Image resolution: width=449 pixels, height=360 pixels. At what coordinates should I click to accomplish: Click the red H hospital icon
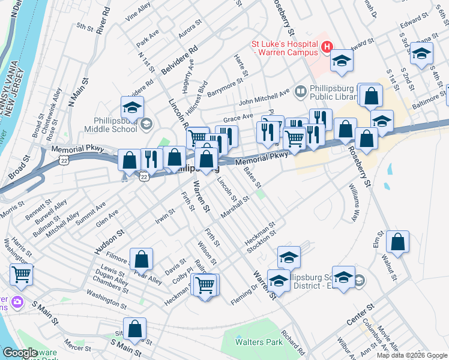pos(327,46)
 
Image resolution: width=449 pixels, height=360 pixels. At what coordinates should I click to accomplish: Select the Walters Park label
pos(259,342)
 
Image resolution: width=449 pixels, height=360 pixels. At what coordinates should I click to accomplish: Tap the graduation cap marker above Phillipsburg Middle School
pos(132,107)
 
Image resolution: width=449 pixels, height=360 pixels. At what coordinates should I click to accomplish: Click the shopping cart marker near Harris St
pos(22,274)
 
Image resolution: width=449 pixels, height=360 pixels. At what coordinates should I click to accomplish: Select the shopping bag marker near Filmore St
pos(141,259)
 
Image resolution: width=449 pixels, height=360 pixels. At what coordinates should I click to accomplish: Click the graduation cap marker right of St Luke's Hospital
pos(342,61)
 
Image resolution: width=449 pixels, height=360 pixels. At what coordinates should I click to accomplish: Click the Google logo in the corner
pos(20,353)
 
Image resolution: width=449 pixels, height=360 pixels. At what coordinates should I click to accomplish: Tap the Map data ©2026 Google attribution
pos(412,355)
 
